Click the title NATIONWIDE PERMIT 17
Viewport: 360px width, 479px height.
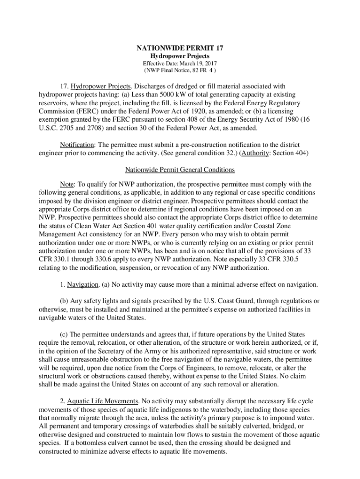tap(180, 48)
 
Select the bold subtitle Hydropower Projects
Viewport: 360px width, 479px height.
tap(180, 56)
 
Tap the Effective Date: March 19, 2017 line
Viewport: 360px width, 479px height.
tap(180, 64)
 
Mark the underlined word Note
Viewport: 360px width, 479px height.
tap(66, 184)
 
